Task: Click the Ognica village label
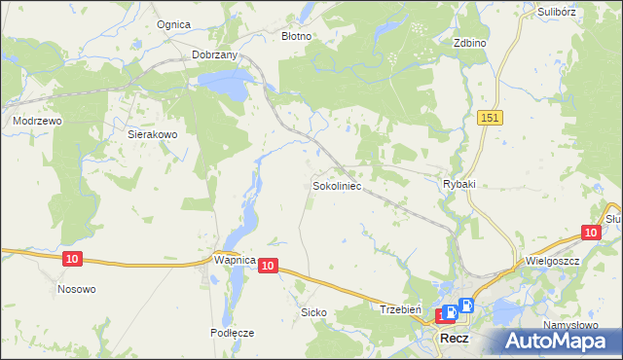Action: (x=172, y=24)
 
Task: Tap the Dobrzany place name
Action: (x=215, y=55)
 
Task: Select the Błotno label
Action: (x=296, y=36)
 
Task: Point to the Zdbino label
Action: (x=470, y=44)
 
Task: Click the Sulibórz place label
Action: (x=559, y=13)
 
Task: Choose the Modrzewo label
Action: (x=37, y=121)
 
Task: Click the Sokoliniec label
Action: (x=337, y=184)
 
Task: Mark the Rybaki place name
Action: (x=458, y=184)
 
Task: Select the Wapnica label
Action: (x=234, y=261)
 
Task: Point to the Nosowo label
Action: (x=77, y=289)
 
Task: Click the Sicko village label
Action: (x=313, y=312)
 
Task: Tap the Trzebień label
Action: (x=399, y=308)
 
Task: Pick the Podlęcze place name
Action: (x=232, y=332)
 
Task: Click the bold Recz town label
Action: (x=455, y=339)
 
